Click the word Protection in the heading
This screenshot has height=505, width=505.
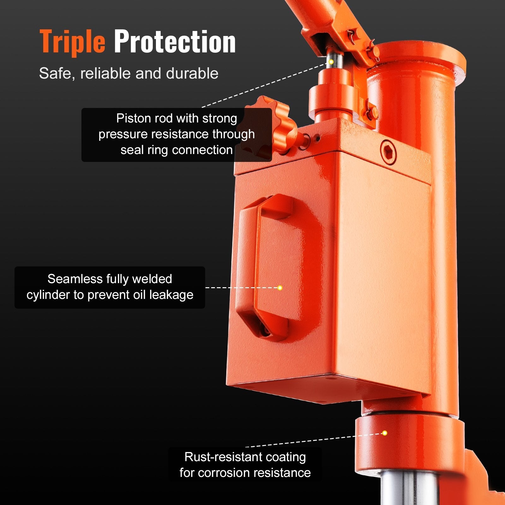tap(175, 42)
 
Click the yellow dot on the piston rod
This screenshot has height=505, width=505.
tap(331, 62)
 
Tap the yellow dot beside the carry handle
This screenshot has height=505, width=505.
tap(280, 288)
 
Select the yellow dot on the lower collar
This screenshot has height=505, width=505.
tap(384, 433)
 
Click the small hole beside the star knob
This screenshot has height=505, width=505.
tap(318, 138)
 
